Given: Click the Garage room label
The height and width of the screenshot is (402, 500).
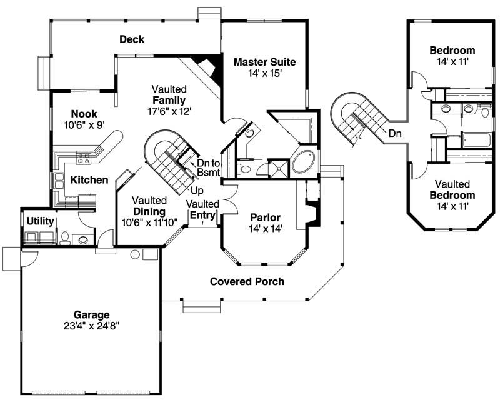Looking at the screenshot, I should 90,314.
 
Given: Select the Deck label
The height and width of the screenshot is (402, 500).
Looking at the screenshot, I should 132,39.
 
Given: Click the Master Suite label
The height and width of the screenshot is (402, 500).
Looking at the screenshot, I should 264,62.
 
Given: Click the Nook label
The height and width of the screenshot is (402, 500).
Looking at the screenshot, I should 84,113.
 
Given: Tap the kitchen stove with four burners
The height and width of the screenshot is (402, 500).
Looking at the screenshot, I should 83,158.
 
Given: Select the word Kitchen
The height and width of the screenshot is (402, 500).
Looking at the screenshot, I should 89,180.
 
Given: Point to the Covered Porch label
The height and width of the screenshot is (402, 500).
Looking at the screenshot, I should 247,281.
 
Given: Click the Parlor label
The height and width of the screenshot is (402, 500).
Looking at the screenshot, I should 266,218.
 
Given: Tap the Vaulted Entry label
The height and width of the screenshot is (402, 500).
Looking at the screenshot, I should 203,210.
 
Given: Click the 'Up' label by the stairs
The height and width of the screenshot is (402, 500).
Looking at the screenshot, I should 197,190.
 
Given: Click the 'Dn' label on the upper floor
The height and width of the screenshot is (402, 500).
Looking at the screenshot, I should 394,133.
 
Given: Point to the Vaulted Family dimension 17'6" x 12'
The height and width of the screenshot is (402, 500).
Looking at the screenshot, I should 166,111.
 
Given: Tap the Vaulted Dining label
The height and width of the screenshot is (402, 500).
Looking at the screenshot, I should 149,211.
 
